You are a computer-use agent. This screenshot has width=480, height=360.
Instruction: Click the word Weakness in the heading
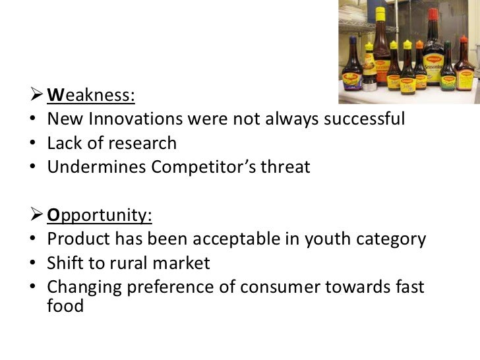pos(90,96)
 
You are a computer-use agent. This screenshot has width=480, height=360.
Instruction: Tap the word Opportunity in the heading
pos(98,215)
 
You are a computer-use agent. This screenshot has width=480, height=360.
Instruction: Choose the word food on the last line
pos(66,307)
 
